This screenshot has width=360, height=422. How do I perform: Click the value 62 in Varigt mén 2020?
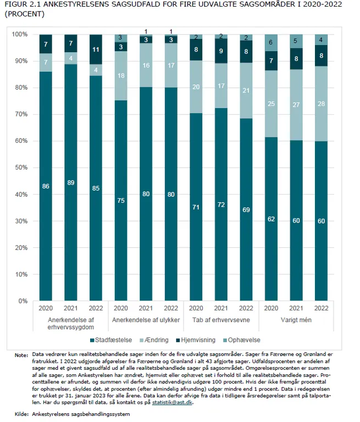point(272,219)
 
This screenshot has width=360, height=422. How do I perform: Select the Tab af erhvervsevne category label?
point(221,320)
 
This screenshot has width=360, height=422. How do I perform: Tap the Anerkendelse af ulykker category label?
point(146,320)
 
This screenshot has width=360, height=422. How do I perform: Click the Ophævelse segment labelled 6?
point(272,42)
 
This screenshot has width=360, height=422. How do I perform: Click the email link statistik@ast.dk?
point(173,402)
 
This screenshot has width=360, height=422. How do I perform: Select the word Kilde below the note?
point(21,414)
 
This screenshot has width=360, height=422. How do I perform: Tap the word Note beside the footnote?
point(21,355)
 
